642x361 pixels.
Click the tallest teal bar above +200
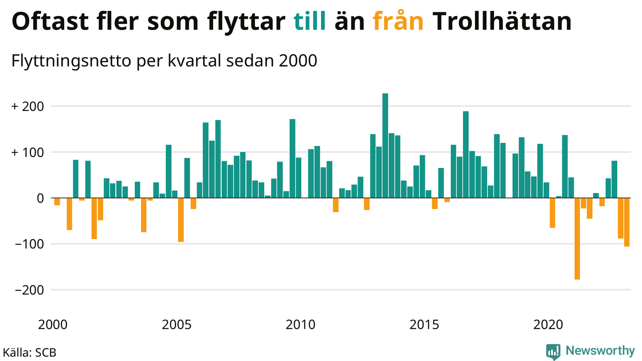[385, 145]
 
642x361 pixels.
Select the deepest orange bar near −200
[577, 239]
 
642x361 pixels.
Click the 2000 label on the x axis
[53, 324]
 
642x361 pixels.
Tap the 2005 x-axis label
[177, 324]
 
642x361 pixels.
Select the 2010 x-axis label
[300, 324]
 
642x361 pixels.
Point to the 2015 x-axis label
[424, 324]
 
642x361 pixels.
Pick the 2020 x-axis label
[548, 324]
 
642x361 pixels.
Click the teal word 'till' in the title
[310, 22]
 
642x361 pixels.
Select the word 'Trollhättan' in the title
[502, 22]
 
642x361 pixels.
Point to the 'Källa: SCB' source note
[30, 352]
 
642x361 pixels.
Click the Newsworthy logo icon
[553, 351]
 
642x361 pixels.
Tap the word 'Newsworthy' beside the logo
[600, 350]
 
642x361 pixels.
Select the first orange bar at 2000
[57, 202]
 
